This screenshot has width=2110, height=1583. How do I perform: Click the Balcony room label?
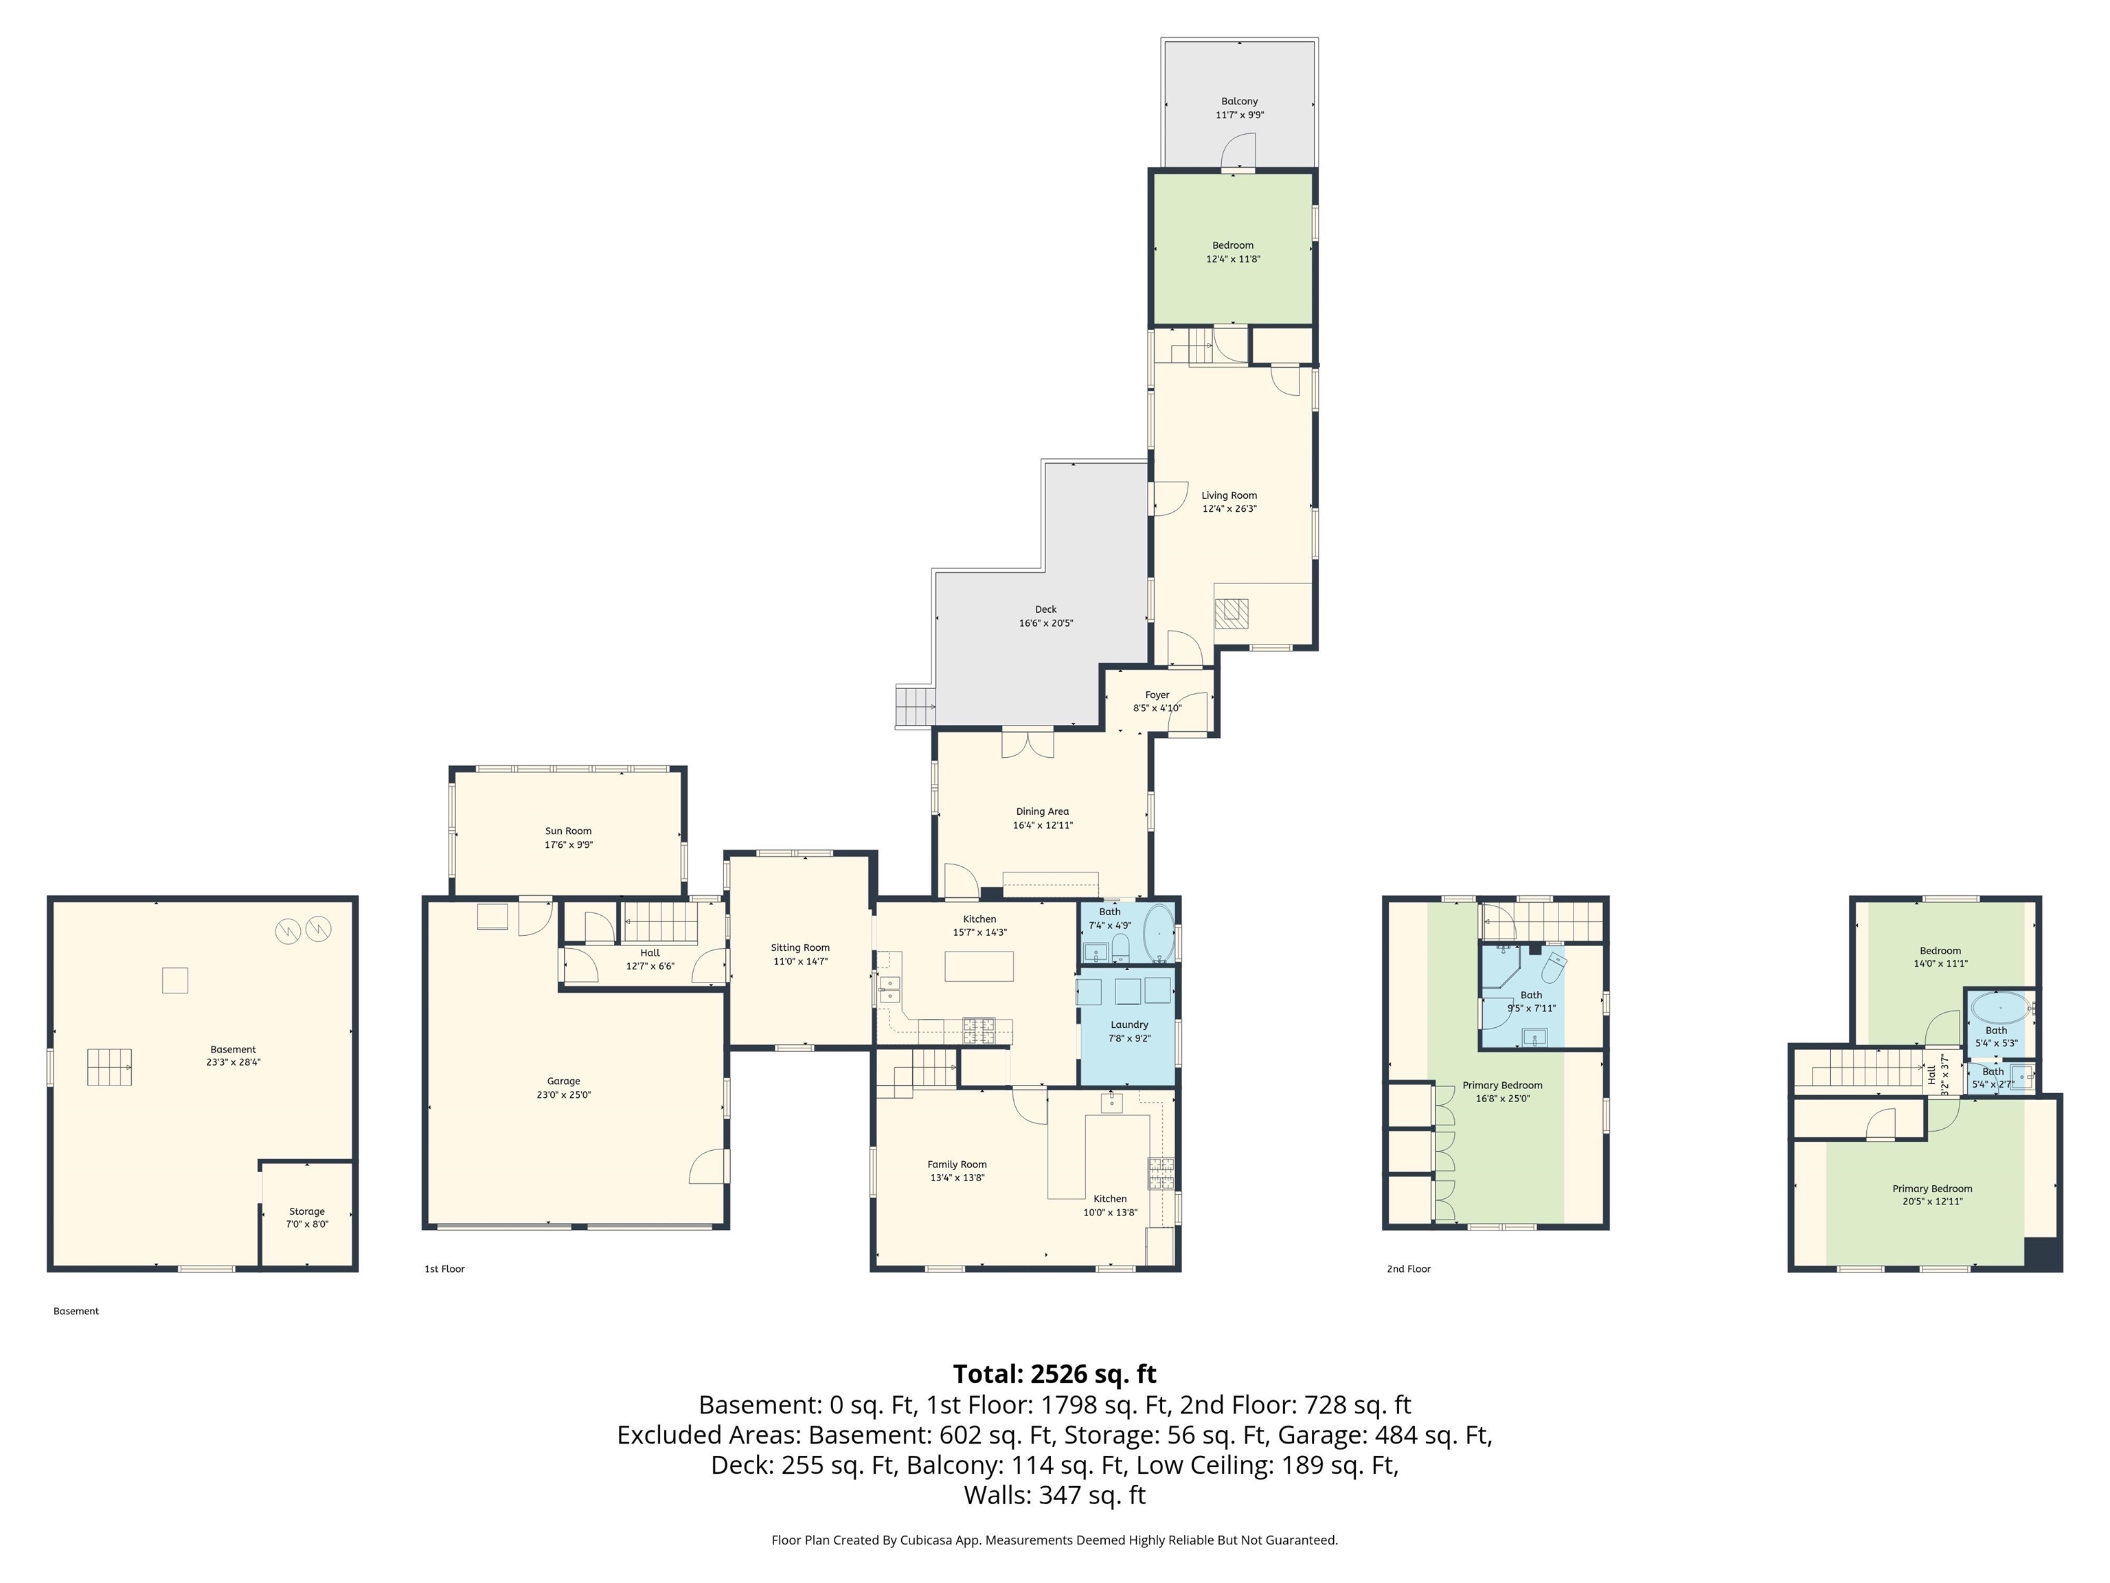[x=1239, y=101]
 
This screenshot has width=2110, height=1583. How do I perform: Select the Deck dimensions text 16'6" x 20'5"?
[x=1045, y=623]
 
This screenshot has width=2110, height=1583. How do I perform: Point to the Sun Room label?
[x=567, y=831]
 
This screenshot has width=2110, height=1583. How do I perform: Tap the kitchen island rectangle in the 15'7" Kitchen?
[x=979, y=967]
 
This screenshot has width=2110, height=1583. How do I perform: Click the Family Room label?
[x=957, y=1164]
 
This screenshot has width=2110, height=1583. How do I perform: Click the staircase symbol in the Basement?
[x=109, y=1067]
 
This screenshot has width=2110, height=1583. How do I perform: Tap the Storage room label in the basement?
[x=306, y=1211]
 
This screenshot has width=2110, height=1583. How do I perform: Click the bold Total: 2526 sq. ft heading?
[x=1054, y=1374]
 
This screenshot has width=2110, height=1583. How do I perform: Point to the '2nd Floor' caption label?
[x=1408, y=1269]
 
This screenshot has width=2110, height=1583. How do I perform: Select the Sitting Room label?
[x=799, y=947]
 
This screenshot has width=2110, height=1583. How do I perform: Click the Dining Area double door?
[x=1028, y=744]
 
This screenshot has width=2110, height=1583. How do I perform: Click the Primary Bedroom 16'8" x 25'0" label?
[x=1501, y=1085]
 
